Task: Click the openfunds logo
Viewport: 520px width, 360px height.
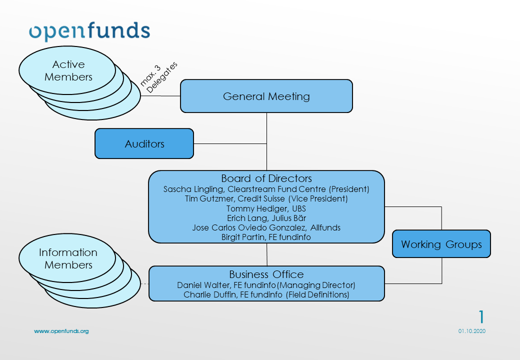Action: point(89,30)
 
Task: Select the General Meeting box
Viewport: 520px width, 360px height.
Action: point(266,96)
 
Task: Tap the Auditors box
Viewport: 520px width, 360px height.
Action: point(144,144)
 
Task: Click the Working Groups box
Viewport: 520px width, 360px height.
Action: point(441,244)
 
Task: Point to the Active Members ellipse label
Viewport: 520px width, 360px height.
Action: point(68,70)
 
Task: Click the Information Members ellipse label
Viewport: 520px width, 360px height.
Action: point(68,258)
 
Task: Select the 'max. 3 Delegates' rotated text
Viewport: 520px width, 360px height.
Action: point(159,77)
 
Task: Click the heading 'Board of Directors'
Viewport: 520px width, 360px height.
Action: point(266,178)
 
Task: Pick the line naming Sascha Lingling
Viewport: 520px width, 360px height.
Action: point(266,189)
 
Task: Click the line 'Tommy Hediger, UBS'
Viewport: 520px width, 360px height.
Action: point(266,208)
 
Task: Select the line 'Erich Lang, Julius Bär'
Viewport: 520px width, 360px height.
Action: point(266,218)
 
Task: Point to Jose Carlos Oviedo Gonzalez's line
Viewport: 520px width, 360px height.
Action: point(266,227)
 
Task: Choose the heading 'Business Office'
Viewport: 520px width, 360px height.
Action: point(266,274)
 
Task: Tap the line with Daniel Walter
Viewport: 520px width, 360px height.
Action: point(266,285)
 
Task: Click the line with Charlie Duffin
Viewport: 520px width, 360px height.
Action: point(266,294)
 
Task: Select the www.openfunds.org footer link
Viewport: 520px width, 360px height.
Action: point(61,331)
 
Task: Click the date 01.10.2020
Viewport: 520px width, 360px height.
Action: point(471,331)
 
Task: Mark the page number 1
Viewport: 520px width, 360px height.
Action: point(481,317)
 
